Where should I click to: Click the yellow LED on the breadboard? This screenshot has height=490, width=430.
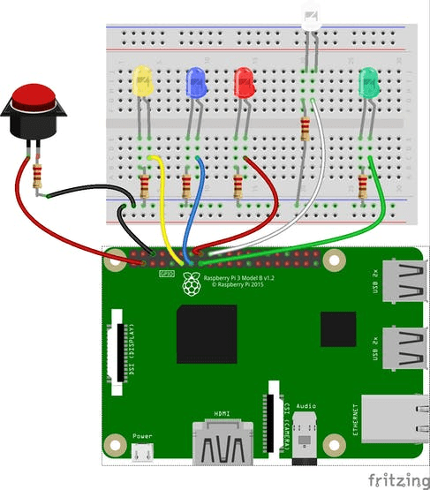pyautogui.click(x=142, y=82)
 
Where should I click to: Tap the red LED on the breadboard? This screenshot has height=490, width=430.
pyautogui.click(x=244, y=83)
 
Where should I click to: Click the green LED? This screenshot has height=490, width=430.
pyautogui.click(x=368, y=83)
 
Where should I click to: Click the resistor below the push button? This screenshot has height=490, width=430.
pyautogui.click(x=38, y=176)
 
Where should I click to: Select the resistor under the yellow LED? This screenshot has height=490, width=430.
pyautogui.click(x=145, y=186)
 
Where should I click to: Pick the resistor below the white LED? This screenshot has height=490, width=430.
pyautogui.click(x=306, y=130)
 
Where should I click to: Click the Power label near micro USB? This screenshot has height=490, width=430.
pyautogui.click(x=142, y=436)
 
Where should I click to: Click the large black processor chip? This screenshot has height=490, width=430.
pyautogui.click(x=207, y=335)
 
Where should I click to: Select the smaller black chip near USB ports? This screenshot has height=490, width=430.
pyautogui.click(x=337, y=328)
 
